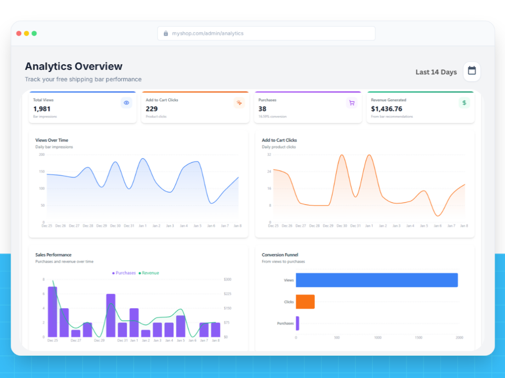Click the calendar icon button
pyautogui.click(x=472, y=71)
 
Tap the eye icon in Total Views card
pyautogui.click(x=126, y=103)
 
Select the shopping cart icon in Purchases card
pyautogui.click(x=352, y=103)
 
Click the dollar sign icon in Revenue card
pyautogui.click(x=464, y=103)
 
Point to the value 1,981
pyautogui.click(x=42, y=109)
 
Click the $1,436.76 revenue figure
pyautogui.click(x=386, y=109)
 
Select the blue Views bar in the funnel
pyautogui.click(x=377, y=280)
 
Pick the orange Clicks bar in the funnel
pyautogui.click(x=305, y=302)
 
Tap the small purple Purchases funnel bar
pyautogui.click(x=298, y=323)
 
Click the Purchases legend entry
pyautogui.click(x=124, y=273)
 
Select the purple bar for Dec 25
pyautogui.click(x=53, y=312)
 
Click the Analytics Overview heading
pyautogui.click(x=74, y=66)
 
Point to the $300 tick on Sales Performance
pyautogui.click(x=228, y=279)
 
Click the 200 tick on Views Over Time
pyautogui.click(x=42, y=155)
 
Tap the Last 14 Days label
pyautogui.click(x=436, y=72)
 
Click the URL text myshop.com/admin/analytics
pyautogui.click(x=207, y=33)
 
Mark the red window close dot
pyautogui.click(x=19, y=33)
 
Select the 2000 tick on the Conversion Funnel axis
pyautogui.click(x=459, y=338)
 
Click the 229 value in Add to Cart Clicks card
pyautogui.click(x=151, y=109)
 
